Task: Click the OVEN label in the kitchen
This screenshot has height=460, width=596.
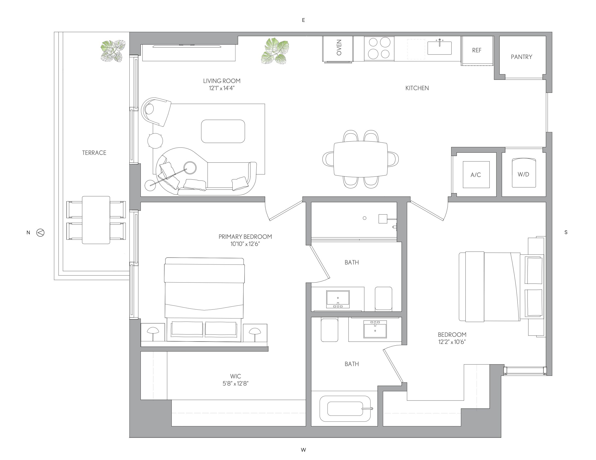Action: click(339, 48)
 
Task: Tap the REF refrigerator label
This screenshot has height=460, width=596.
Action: click(477, 50)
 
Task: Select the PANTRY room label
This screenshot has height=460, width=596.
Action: click(522, 57)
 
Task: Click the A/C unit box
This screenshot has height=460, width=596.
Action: click(476, 175)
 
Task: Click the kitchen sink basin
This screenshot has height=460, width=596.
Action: click(439, 48)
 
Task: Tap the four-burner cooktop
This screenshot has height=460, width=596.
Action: click(379, 48)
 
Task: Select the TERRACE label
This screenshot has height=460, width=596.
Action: click(94, 153)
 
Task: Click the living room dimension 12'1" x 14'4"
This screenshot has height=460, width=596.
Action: click(222, 88)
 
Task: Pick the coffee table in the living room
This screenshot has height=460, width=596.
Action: click(223, 131)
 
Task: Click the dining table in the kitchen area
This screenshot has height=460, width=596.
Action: click(361, 159)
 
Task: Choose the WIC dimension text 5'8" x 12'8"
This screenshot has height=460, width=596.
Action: click(235, 383)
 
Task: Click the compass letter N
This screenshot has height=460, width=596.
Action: click(28, 233)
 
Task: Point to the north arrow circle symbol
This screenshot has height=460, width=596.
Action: click(40, 233)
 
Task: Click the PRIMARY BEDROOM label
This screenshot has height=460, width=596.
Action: click(245, 237)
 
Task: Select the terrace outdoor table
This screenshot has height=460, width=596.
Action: click(96, 220)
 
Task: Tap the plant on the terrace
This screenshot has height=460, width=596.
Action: click(113, 51)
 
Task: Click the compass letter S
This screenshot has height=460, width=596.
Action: click(566, 232)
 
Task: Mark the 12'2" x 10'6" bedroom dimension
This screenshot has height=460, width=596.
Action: click(452, 342)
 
